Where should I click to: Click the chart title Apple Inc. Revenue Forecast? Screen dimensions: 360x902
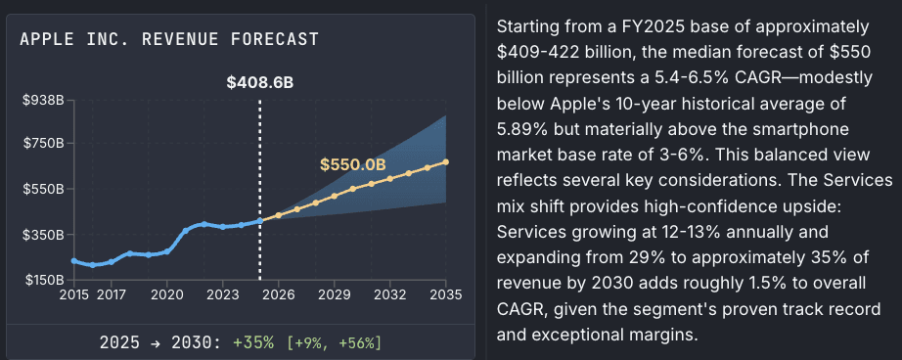point(168,39)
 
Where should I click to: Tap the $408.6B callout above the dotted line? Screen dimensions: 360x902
point(259,83)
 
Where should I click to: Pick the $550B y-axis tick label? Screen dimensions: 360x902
point(44,188)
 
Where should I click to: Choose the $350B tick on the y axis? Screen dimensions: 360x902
point(44,235)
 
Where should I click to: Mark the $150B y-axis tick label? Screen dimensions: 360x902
point(44,281)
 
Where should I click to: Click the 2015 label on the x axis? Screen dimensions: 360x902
point(73,293)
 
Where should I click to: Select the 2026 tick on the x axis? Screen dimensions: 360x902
point(279,293)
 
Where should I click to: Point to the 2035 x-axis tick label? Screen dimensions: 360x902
point(446,293)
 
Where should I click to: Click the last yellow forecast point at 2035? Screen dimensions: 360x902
point(446,162)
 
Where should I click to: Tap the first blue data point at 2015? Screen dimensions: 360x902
point(74,261)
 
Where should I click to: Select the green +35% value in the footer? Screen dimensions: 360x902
point(253,342)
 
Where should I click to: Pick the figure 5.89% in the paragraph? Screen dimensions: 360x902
point(527,128)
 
